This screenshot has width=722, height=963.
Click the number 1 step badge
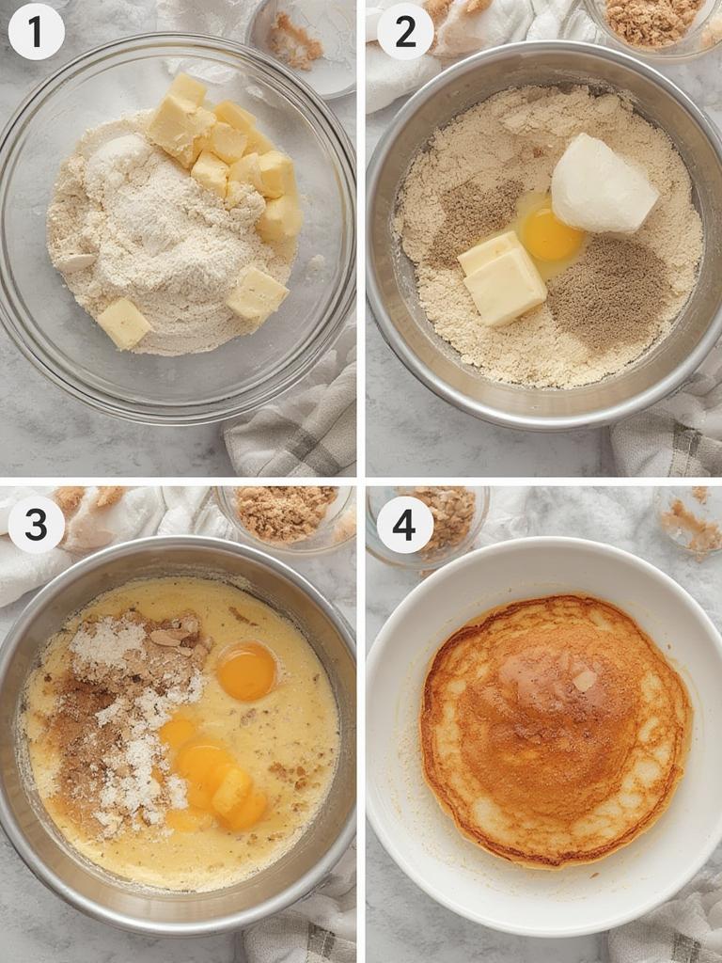pyautogui.click(x=36, y=32)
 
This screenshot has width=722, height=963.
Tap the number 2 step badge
pyautogui.click(x=404, y=32)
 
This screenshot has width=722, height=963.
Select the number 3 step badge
pyautogui.click(x=36, y=525)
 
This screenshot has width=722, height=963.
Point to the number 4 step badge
pyautogui.click(x=404, y=525)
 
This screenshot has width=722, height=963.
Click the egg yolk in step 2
pyautogui.click(x=551, y=235)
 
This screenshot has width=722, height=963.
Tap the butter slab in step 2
pyautogui.click(x=503, y=277)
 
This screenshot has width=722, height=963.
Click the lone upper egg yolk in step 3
pyautogui.click(x=247, y=671)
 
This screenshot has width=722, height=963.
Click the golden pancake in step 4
pyautogui.click(x=555, y=729)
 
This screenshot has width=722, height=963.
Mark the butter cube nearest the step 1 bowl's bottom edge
pyautogui.click(x=123, y=323)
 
